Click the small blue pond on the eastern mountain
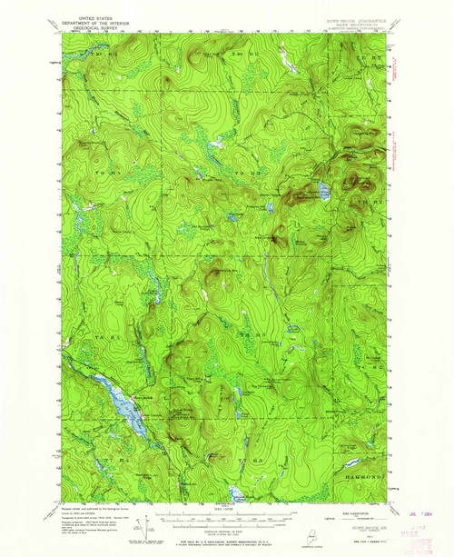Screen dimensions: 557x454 [x=322, y=191]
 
